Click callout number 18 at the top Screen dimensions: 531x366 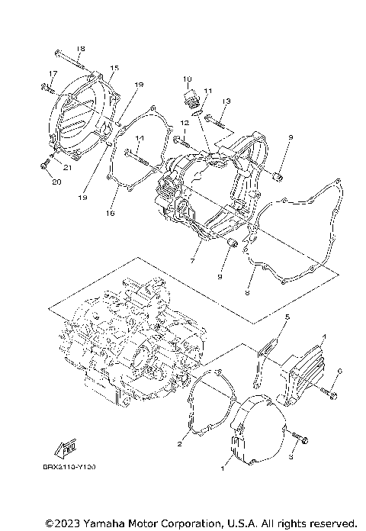click(81, 48)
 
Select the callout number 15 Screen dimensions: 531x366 click(114, 68)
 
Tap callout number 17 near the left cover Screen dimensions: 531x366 click(53, 73)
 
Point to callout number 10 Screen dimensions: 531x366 click(185, 79)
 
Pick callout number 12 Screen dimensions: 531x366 click(185, 123)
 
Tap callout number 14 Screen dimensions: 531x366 click(140, 138)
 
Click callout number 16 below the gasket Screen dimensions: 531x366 click(112, 214)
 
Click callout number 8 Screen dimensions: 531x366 click(247, 291)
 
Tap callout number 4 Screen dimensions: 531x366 click(323, 336)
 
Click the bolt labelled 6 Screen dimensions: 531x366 click(330, 394)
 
